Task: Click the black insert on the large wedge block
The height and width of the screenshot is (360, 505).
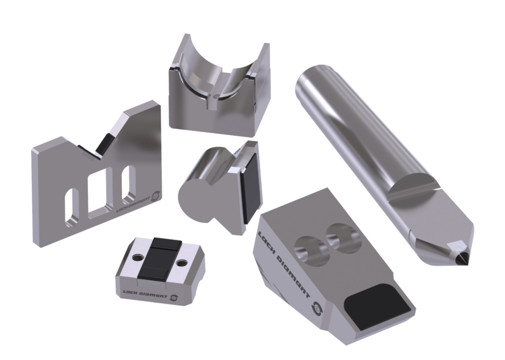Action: (377, 308)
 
